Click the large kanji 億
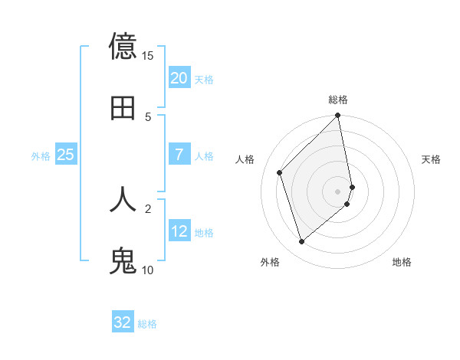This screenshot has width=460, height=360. (x=123, y=47)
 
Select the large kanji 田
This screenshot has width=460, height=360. (x=123, y=108)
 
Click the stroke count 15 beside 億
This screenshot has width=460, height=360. (x=147, y=56)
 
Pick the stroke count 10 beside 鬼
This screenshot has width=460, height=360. (x=147, y=270)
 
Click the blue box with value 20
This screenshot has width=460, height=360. (x=179, y=78)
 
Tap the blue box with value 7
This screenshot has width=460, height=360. (x=179, y=155)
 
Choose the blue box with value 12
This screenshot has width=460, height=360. (x=179, y=231)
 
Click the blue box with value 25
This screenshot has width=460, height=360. (x=66, y=155)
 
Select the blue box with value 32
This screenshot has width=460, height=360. (x=123, y=322)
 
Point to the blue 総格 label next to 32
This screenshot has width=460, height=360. (x=147, y=324)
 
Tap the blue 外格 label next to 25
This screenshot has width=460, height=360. (x=41, y=156)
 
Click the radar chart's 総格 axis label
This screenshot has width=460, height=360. (x=338, y=100)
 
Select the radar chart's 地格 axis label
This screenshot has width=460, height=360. (x=402, y=262)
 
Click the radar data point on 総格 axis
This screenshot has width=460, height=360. (x=338, y=116)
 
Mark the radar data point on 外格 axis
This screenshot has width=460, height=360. (x=301, y=242)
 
